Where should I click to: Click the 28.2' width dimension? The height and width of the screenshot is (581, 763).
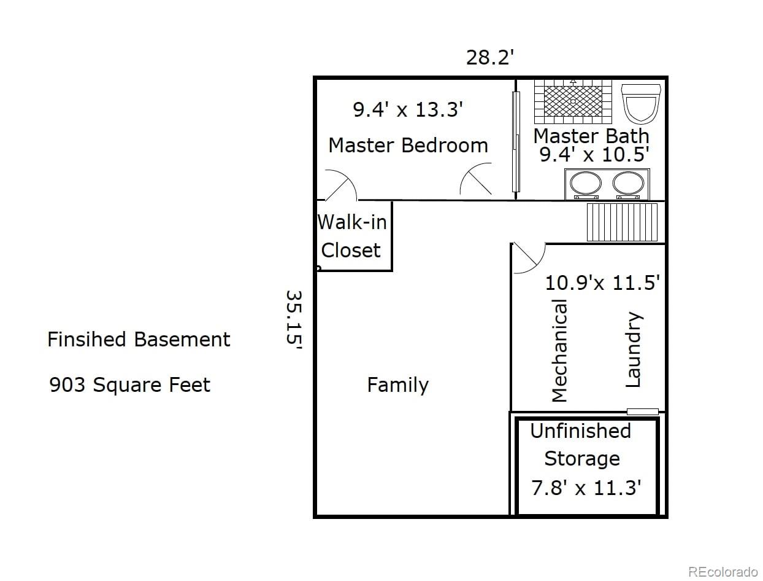(489, 57)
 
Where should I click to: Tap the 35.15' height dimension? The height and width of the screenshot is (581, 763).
(294, 319)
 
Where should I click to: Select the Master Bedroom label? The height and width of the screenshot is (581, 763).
(408, 146)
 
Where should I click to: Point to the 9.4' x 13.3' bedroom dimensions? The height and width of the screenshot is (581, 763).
(408, 109)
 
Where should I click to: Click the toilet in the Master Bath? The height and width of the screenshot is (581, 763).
(641, 104)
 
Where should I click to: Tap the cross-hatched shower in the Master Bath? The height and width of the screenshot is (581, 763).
(573, 101)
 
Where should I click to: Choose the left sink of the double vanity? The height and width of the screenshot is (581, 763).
(586, 184)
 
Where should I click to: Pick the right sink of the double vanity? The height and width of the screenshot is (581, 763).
(628, 184)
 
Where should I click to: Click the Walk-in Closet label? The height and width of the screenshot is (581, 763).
(352, 236)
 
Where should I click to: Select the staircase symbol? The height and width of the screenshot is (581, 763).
(622, 222)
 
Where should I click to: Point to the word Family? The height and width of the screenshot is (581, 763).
(398, 386)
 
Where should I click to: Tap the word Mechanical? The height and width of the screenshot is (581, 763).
(559, 351)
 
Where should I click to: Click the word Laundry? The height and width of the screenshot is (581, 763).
(634, 349)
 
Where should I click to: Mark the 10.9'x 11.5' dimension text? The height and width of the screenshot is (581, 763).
(602, 283)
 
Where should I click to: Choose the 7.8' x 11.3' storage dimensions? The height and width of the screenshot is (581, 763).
(586, 488)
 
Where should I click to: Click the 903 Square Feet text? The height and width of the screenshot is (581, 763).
(129, 385)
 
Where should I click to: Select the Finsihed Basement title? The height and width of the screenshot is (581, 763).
(139, 339)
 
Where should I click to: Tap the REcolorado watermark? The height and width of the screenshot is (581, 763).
(723, 572)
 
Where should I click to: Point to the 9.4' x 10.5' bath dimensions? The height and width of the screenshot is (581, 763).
(594, 155)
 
